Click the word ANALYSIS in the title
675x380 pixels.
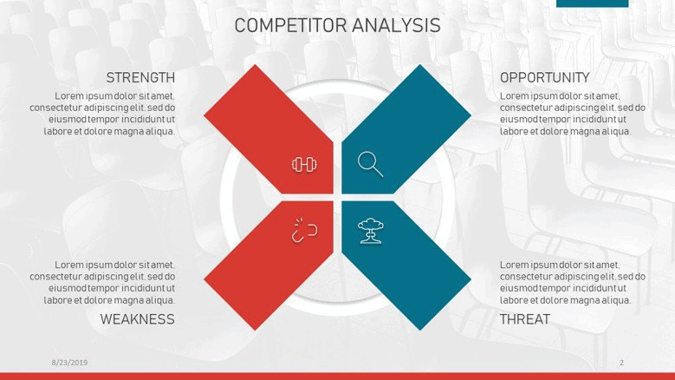397,25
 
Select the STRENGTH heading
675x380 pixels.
140,77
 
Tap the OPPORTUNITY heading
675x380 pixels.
544,77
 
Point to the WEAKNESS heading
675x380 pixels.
137,319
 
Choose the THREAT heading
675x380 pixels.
525,319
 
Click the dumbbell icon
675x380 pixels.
305,164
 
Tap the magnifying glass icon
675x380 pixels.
370,164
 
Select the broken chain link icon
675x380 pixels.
304,231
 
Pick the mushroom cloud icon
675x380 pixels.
371,231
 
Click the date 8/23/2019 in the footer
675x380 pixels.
69,363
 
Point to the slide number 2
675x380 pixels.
621,363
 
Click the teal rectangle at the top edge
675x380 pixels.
593,3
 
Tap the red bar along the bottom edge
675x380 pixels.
338,377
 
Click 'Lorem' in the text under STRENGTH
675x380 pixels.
68,95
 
